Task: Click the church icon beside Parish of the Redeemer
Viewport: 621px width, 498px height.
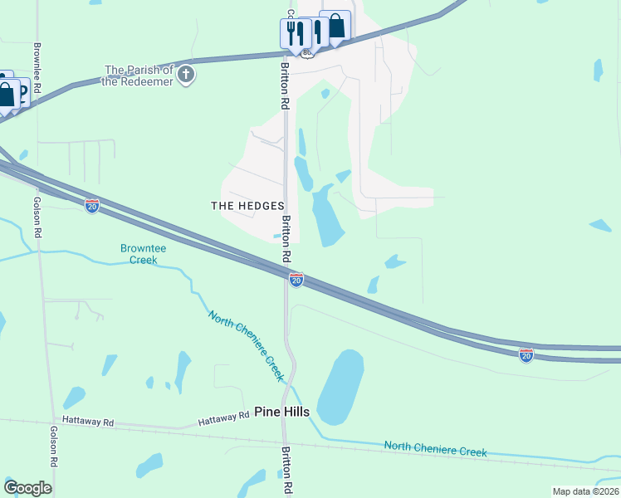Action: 187,75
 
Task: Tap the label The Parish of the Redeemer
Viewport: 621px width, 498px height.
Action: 139,75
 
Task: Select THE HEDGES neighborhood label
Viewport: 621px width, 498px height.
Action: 248,206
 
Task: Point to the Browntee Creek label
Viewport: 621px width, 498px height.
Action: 138,254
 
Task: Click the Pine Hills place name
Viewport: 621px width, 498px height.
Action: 281,412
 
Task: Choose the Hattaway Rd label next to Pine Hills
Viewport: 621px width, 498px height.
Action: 224,418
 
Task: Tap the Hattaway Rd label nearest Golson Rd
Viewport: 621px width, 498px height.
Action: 86,422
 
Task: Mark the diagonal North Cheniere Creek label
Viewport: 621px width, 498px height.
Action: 247,345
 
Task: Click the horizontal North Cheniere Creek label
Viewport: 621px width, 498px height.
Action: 435,449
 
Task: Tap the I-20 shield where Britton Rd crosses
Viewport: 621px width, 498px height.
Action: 296,280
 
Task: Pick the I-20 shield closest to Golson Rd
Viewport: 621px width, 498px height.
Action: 92,205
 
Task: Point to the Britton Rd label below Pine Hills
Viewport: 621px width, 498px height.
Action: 287,469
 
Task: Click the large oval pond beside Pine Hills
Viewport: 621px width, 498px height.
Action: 341,386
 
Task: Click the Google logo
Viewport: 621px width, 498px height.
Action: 28,488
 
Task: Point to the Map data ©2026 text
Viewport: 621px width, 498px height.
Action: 584,491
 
